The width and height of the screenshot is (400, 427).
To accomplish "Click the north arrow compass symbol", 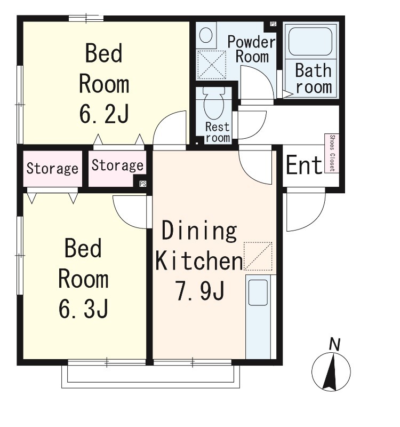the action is [x=331, y=372].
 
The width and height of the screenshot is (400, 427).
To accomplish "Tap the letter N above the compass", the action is [x=335, y=344].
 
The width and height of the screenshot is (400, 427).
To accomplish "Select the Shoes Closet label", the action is [x=332, y=153].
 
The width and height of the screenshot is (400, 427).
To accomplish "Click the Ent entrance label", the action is [x=304, y=165].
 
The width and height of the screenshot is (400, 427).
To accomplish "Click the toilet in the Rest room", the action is [x=214, y=104].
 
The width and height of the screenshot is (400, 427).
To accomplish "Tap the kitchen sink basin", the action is [x=258, y=292].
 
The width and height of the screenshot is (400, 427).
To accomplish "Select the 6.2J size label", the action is [x=104, y=114].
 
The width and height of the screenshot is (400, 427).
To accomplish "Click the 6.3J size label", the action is [x=83, y=309].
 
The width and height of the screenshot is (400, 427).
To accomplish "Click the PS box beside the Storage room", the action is [x=143, y=184].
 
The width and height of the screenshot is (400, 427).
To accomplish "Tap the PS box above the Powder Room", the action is [x=273, y=24].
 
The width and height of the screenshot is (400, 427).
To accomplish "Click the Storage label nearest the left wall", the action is [x=52, y=169].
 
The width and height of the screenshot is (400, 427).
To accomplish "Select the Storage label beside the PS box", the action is [x=117, y=165].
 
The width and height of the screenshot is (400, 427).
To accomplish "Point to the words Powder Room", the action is [x=251, y=49].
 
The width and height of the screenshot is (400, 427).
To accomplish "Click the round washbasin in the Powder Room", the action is [x=206, y=35].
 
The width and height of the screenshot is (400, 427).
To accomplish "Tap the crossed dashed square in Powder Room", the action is [x=212, y=65].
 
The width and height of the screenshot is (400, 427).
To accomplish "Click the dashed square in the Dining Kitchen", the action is [x=258, y=256].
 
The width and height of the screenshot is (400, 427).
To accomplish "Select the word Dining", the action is [x=199, y=231].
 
